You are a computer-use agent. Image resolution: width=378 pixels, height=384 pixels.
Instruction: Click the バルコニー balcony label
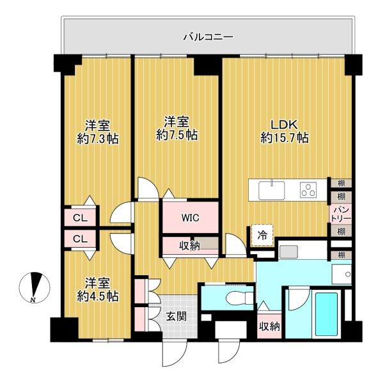point(208,38)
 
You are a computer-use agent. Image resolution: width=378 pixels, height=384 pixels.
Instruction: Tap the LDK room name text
point(284,125)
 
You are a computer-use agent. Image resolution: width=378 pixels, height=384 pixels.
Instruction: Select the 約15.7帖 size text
point(285,138)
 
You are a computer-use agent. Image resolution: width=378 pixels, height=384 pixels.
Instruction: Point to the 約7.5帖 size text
point(177,134)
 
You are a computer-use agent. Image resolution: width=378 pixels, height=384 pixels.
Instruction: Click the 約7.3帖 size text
point(98,139)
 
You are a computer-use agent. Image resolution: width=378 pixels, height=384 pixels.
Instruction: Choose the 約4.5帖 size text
point(98,296)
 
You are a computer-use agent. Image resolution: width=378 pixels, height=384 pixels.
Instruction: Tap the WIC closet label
point(190,218)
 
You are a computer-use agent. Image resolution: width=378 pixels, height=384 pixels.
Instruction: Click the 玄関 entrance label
point(177,317)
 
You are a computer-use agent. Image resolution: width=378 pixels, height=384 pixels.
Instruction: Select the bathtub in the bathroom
point(326,314)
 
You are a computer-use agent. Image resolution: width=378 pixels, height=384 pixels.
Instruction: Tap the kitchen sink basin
point(272,190)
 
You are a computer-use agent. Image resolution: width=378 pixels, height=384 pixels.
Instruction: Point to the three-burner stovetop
point(308,190)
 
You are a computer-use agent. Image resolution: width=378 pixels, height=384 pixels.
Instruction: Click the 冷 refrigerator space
point(262,236)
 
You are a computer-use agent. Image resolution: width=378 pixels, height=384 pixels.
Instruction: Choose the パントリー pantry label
point(340,214)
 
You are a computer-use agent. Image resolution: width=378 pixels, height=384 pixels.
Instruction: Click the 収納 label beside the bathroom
point(269,326)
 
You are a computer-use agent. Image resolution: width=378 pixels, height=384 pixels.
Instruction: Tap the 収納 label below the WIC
point(189,246)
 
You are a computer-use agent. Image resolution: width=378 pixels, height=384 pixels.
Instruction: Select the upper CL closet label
point(81,218)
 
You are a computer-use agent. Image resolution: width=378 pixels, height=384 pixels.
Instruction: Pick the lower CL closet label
point(81,239)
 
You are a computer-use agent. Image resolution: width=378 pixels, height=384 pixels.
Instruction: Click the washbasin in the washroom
point(342,275)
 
